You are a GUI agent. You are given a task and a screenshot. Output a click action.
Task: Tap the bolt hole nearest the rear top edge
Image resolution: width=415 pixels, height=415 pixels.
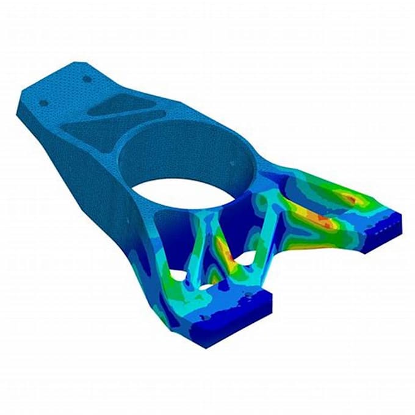coord(87,79)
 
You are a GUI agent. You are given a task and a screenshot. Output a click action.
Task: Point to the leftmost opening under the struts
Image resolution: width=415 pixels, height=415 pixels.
coord(178,276)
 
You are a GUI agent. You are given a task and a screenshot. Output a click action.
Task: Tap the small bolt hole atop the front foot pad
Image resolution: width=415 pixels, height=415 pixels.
coord(249,296)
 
